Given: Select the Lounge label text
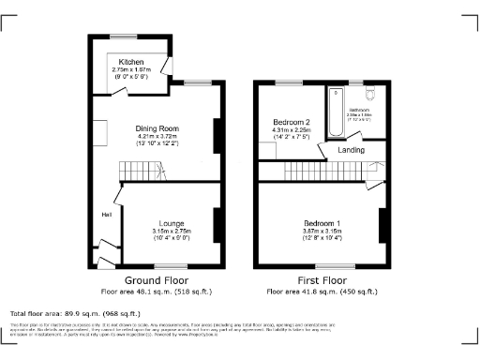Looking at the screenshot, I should click(171, 223).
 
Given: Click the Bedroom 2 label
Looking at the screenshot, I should click(292, 122).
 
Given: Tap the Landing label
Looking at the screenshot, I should click(352, 149).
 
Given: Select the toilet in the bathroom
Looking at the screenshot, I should click(369, 93).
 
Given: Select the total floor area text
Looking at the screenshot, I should click(75, 313).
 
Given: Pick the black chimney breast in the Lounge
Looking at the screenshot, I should click(217, 223).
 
